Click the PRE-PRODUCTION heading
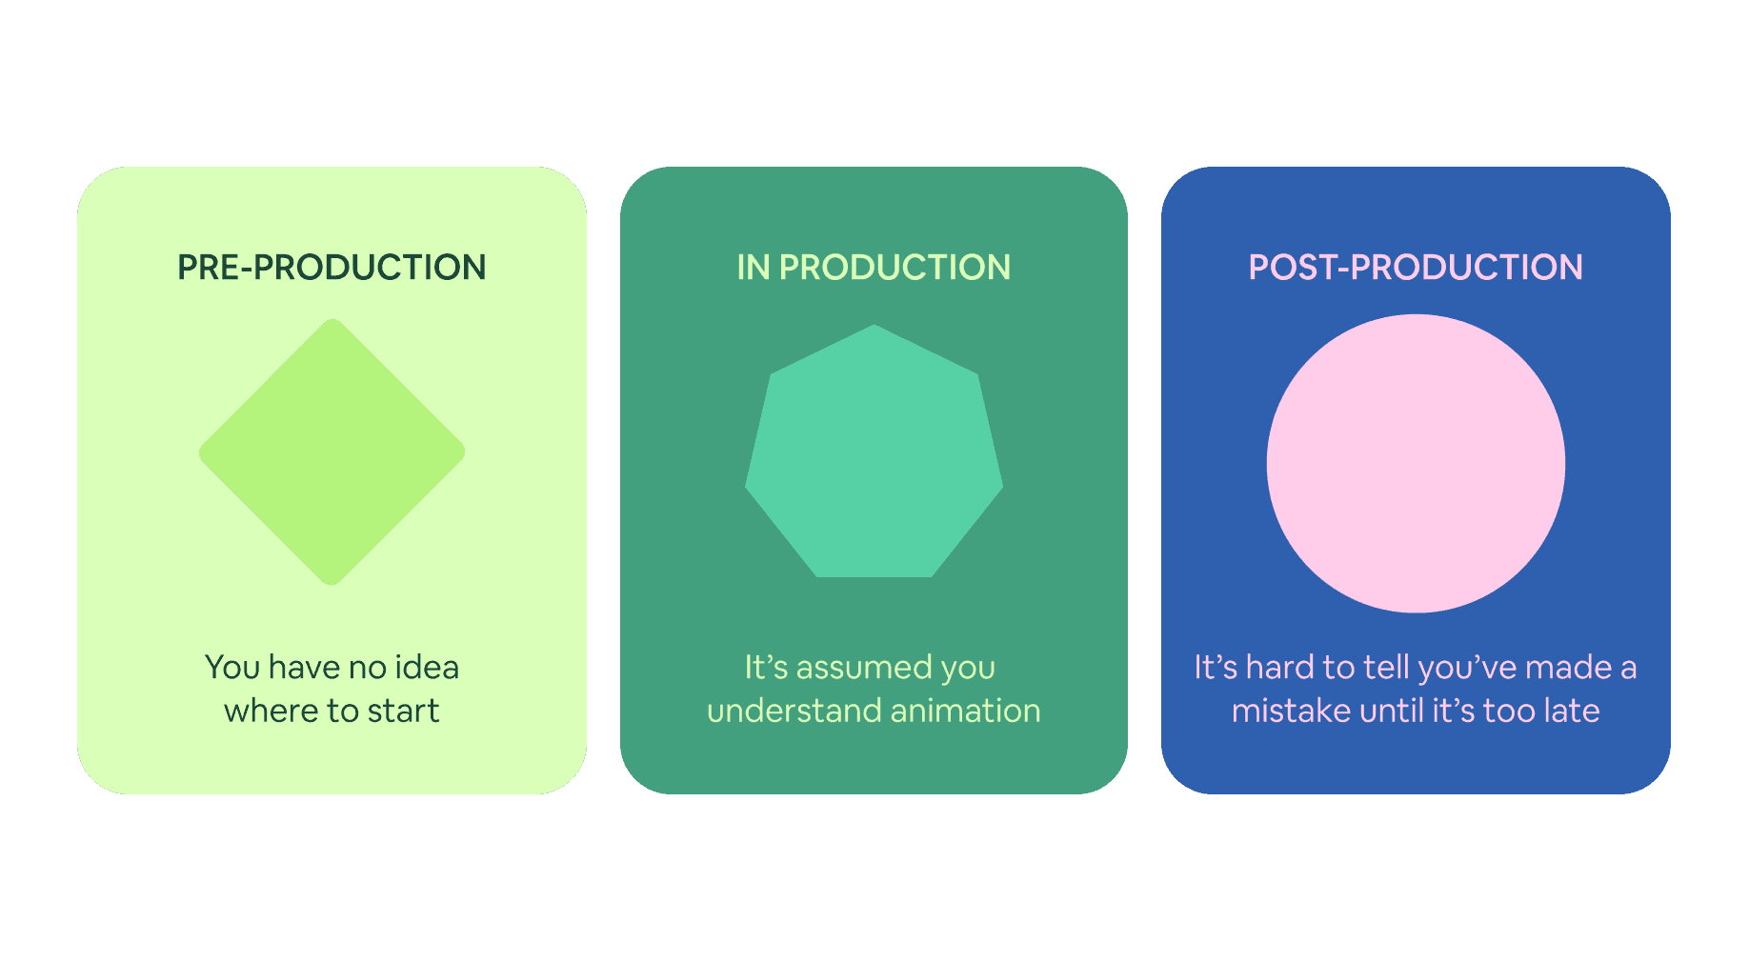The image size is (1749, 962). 332,268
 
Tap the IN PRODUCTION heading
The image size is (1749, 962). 874,268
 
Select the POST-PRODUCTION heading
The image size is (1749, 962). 1416,268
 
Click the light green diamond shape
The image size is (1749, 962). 332,452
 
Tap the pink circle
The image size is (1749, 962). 1416,464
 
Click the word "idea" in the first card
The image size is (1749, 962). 427,667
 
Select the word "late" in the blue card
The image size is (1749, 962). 1569,711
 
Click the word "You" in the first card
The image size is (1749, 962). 232,667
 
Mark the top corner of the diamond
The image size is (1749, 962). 332,322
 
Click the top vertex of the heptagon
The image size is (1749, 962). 874,327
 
